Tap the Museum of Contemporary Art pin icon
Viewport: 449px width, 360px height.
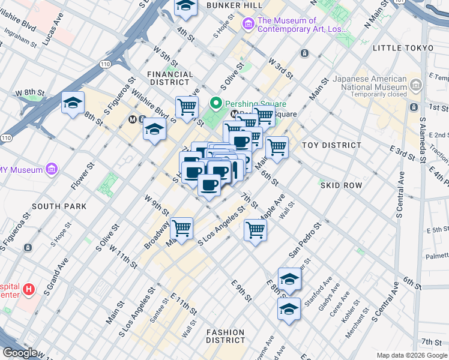coord(248,24)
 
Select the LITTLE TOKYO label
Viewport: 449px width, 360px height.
coord(403,48)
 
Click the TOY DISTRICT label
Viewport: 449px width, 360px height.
coord(331,145)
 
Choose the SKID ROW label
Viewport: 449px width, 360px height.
coord(341,185)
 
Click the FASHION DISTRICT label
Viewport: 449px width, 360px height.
coord(225,336)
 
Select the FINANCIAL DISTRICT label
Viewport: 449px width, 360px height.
coord(170,79)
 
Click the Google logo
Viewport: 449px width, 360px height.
coord(20,353)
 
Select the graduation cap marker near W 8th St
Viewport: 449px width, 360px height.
coord(73,103)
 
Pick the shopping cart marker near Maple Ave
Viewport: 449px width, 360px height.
coord(256,229)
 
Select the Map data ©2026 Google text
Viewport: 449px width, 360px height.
coord(411,355)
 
